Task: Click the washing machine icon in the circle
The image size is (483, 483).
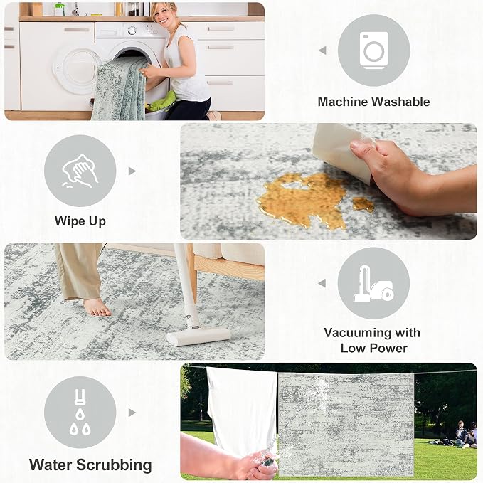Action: (373, 51)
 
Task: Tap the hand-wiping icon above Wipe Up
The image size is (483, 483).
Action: (80, 171)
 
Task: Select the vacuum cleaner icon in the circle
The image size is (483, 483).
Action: (373, 283)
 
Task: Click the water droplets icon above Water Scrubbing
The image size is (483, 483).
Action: (80, 412)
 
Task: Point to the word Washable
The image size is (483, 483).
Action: (400, 102)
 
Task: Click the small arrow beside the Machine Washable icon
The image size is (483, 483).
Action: (322, 51)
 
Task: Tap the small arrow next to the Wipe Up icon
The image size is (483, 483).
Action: (132, 171)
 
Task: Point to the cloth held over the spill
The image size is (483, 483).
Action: (342, 151)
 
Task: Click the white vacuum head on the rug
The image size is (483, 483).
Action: (198, 336)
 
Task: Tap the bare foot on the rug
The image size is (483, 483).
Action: (97, 307)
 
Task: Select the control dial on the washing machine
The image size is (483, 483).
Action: (132, 31)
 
